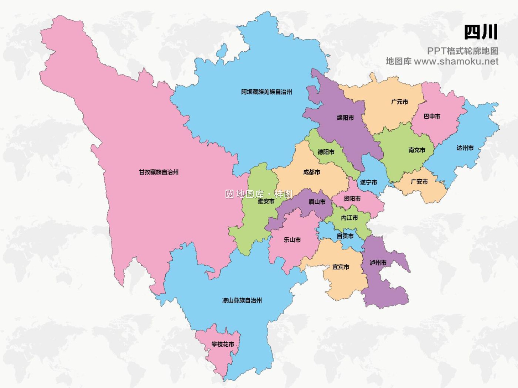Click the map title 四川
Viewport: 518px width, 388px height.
(x=480, y=33)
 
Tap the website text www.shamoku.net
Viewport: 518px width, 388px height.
(x=456, y=62)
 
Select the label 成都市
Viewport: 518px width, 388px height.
(x=311, y=172)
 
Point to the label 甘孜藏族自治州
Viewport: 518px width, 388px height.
(x=159, y=172)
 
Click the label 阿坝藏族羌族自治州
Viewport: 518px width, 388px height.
(x=266, y=92)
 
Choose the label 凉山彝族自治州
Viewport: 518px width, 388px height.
(x=242, y=300)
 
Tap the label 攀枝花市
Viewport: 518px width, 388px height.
(x=223, y=344)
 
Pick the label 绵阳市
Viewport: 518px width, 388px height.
(x=345, y=118)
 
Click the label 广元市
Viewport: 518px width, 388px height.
(x=400, y=102)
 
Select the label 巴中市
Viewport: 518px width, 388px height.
(x=432, y=116)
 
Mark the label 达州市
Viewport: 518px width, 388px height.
(x=465, y=148)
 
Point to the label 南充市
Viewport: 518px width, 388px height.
(x=417, y=150)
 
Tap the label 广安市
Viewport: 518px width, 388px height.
(x=419, y=181)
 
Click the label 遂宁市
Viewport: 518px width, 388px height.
(x=368, y=182)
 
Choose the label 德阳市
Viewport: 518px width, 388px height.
(x=326, y=152)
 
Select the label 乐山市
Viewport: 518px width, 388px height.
(x=292, y=240)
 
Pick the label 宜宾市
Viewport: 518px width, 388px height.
(x=340, y=267)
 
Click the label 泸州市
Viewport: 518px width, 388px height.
(x=378, y=263)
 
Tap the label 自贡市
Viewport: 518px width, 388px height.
(x=345, y=236)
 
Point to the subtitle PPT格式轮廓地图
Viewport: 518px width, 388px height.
(x=462, y=51)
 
